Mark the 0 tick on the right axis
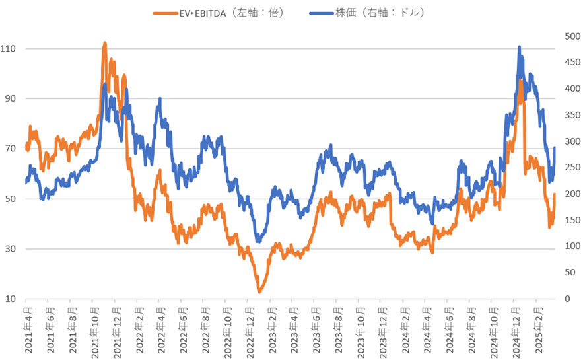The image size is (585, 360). point(567,299)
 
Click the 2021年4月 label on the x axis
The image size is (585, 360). point(26,329)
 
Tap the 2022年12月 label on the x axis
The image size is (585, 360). point(249,329)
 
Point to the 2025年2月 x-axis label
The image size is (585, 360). point(538,329)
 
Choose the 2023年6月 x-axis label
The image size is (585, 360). point(316,329)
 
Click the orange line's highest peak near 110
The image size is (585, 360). point(104,44)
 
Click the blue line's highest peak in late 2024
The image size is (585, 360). point(520,48)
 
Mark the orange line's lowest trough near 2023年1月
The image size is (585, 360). point(259,291)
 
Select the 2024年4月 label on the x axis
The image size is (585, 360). point(427,329)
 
